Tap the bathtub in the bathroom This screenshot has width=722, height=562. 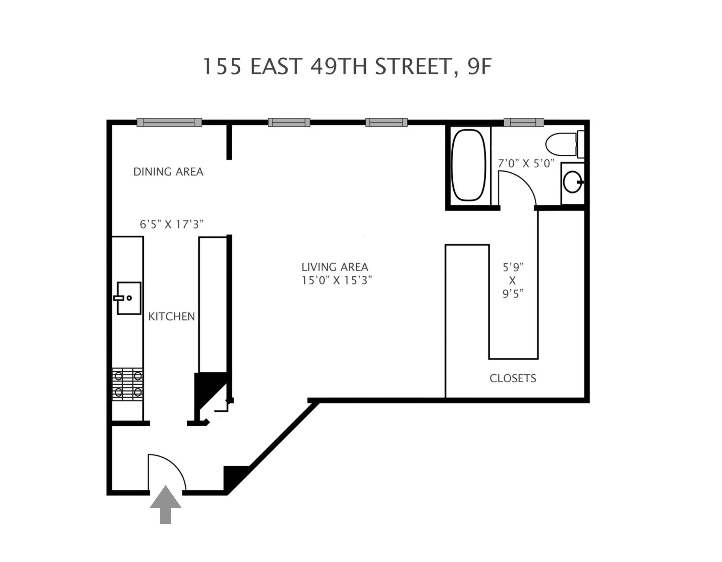click(x=469, y=165)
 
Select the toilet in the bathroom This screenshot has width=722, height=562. click(x=562, y=144)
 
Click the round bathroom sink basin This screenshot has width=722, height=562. click(x=572, y=182)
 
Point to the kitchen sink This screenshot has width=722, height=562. click(x=129, y=298)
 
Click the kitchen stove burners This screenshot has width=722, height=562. click(x=128, y=384)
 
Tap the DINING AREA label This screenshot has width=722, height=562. click(x=168, y=172)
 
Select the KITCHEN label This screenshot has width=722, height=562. click(x=171, y=316)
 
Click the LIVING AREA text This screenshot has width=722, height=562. click(x=335, y=267)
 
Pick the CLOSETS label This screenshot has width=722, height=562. click(x=513, y=378)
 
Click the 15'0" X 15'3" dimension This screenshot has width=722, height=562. click(x=337, y=280)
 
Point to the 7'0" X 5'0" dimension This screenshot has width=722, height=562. click(x=526, y=163)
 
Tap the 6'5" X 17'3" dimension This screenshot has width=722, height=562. click(x=171, y=224)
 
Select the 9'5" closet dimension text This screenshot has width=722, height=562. click(x=513, y=294)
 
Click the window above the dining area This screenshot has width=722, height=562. click(x=169, y=122)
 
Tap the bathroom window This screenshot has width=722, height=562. click(x=524, y=122)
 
